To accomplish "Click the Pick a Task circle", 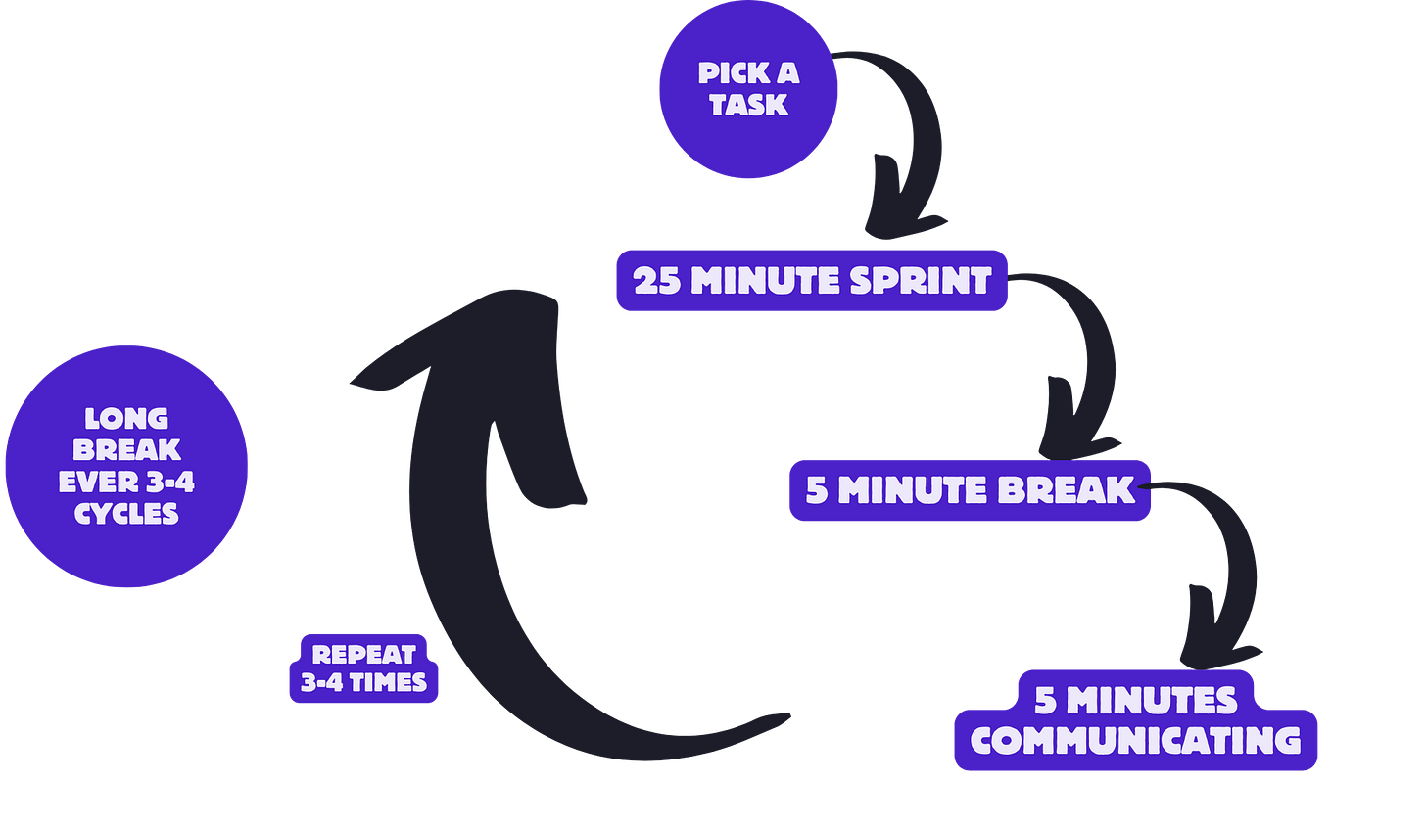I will (x=749, y=89).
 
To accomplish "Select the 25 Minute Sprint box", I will (x=812, y=281).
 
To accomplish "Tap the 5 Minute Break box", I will (x=971, y=489).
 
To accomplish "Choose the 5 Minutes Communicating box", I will (x=1135, y=720).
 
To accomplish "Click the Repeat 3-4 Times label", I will (x=363, y=668).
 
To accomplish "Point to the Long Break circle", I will (x=126, y=465).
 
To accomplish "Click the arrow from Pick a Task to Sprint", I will (x=906, y=147).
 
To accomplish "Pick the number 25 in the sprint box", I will (x=657, y=281).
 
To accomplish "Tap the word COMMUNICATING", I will (x=1135, y=740).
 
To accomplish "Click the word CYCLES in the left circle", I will (x=126, y=513).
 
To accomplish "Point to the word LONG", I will (x=126, y=419).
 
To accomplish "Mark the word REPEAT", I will (x=363, y=654).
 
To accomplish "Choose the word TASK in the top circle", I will (x=749, y=105).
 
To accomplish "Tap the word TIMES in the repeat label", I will (x=388, y=682).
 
